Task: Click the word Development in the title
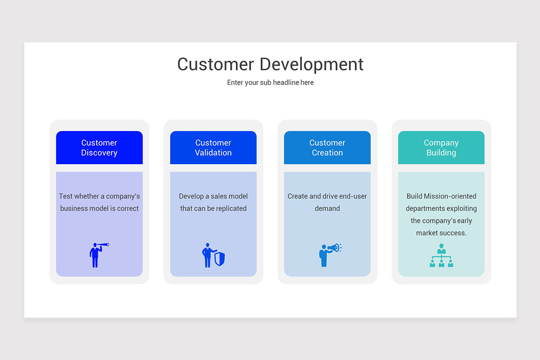pyautogui.click(x=311, y=65)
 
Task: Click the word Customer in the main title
pyautogui.click(x=216, y=64)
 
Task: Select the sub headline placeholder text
pyautogui.click(x=270, y=83)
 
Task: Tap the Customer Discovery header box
pyautogui.click(x=99, y=148)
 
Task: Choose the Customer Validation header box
pyautogui.click(x=213, y=148)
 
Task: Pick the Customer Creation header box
pyautogui.click(x=327, y=148)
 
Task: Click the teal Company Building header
pyautogui.click(x=441, y=148)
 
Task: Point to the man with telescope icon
pyautogui.click(x=96, y=255)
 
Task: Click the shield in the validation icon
pyautogui.click(x=220, y=259)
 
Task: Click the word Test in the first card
pyautogui.click(x=65, y=196)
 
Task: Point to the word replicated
pyautogui.click(x=231, y=208)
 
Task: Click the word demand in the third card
pyautogui.click(x=327, y=208)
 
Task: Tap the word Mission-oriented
pyautogui.click(x=450, y=196)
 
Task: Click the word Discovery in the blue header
pyautogui.click(x=99, y=153)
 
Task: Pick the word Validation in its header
pyautogui.click(x=213, y=153)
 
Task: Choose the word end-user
pyautogui.click(x=353, y=196)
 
